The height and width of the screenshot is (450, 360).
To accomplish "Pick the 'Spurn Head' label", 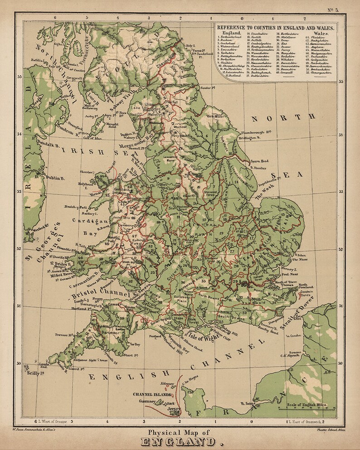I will pyautogui.click(x=259, y=161).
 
